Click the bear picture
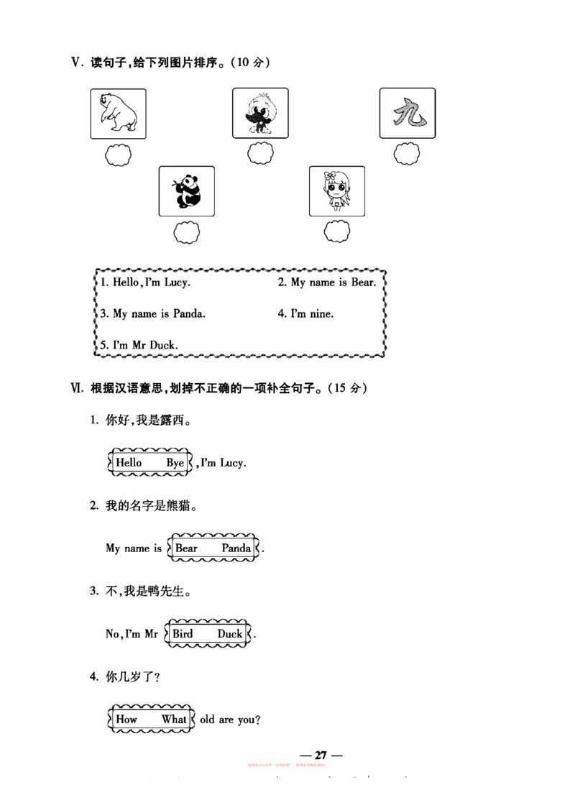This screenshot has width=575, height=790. pos(118,114)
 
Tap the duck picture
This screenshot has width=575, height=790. pos(259,114)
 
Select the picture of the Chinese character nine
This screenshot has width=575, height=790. pos(408,114)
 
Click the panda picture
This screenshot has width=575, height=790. pos(186,190)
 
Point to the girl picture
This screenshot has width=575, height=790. pos(336,190)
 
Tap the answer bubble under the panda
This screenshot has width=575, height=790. pos(187,232)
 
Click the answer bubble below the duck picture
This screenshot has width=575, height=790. pos(260,153)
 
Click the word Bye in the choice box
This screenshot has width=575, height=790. pos(175,463)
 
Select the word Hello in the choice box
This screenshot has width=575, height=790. pos(129,463)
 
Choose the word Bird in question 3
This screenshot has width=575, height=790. pos(183,634)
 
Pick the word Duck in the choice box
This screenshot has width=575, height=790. pos(230,634)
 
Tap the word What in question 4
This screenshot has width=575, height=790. pos(174,719)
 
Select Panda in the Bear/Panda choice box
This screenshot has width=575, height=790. pos(236,548)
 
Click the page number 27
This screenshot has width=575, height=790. pos(321,755)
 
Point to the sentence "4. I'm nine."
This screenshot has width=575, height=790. pos(305,313)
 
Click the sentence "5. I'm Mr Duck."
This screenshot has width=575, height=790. pos(139,344)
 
